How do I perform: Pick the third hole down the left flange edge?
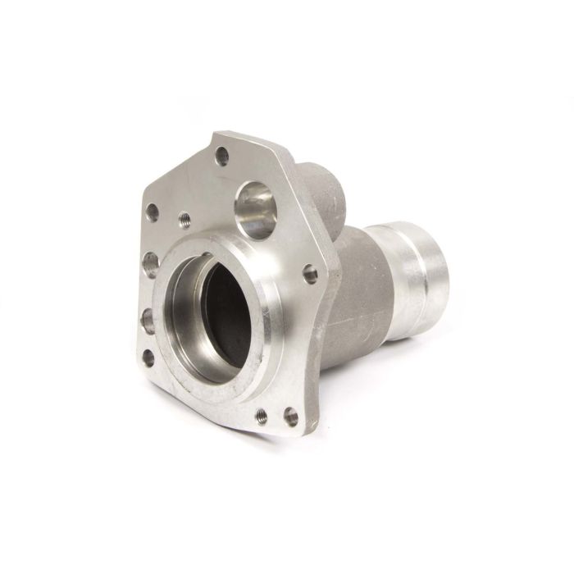coord(148,320)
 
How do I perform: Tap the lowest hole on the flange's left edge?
coord(148,358)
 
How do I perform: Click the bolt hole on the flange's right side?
coord(310,271)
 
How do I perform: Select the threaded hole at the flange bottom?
coord(262,417)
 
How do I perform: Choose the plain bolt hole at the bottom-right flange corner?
coord(289,417)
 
